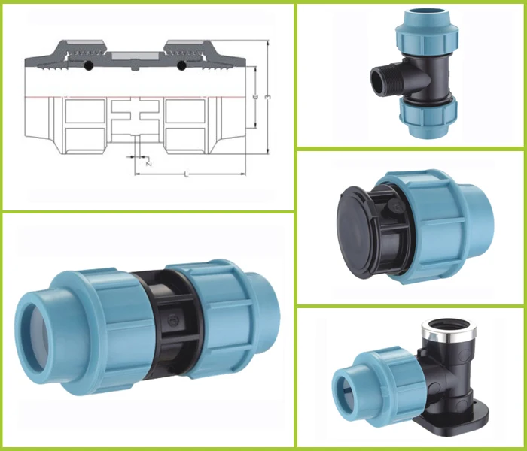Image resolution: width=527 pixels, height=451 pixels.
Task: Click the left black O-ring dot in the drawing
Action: (88, 67)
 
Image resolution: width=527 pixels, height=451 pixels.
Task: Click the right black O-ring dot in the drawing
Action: (181, 67)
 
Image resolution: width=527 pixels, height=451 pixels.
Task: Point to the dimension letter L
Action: (185, 174)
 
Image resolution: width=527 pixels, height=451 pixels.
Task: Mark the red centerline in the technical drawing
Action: (136, 98)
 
